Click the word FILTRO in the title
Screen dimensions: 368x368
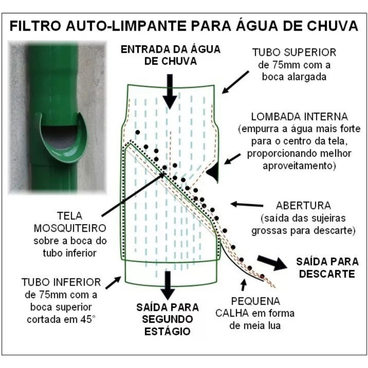pos(35,26)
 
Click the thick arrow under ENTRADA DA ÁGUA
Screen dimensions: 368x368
pos(170,92)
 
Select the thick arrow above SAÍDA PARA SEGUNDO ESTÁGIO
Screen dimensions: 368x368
pos(167,285)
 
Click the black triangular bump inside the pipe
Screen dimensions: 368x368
pos(213,172)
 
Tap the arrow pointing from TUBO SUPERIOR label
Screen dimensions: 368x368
pos(235,82)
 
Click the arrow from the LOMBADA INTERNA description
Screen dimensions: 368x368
pos(232,159)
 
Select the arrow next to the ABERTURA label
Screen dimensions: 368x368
pos(247,204)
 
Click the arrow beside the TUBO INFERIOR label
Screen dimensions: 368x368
pos(113,282)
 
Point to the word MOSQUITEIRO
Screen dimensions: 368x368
pos(70,228)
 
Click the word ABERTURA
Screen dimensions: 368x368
pos(303,206)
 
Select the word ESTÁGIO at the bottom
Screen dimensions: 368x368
pos(167,332)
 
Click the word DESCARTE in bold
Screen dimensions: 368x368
pos(327,274)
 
